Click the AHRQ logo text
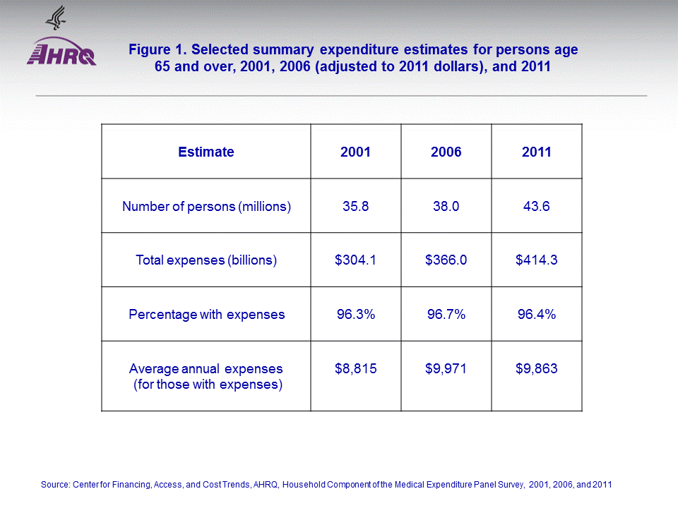click(x=61, y=54)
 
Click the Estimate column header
click(x=206, y=152)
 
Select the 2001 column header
click(x=355, y=152)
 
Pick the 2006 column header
click(x=446, y=152)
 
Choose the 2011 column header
click(x=537, y=152)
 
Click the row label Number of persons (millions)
click(x=206, y=207)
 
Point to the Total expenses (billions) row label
click(x=206, y=260)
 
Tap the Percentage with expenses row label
click(x=206, y=314)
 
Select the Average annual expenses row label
click(x=206, y=376)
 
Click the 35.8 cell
click(x=355, y=207)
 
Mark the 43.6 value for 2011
click(x=537, y=207)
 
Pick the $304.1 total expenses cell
click(x=355, y=260)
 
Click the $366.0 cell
click(x=446, y=260)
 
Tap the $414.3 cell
click(x=537, y=260)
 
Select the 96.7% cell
click(x=446, y=314)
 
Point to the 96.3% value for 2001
click(x=355, y=314)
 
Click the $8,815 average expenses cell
click(x=355, y=368)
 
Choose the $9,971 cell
click(x=446, y=368)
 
